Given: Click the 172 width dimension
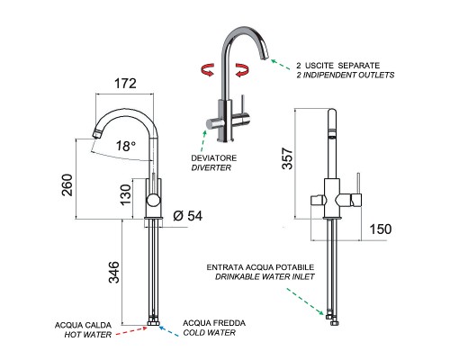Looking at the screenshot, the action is [125, 84].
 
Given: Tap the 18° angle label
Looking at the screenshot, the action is [126, 146].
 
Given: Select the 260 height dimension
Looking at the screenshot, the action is [67, 184].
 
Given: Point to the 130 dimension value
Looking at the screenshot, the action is [126, 194].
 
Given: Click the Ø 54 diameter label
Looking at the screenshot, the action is [188, 216].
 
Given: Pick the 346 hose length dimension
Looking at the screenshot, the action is [114, 272].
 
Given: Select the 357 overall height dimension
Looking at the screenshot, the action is [287, 158].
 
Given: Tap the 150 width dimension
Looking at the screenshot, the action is [381, 229].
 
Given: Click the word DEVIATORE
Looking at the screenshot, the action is [214, 157].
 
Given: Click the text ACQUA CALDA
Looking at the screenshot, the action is [83, 325].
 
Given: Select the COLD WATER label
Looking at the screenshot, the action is [210, 333].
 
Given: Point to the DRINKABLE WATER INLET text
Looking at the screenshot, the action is [265, 276].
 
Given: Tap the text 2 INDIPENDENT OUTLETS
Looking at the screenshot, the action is [346, 75].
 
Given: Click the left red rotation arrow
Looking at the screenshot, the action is [207, 69].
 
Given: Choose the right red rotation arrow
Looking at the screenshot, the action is [242, 70].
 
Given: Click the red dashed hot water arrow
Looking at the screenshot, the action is [131, 330].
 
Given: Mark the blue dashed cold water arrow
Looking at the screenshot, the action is [168, 331].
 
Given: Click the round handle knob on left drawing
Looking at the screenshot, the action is [154, 200].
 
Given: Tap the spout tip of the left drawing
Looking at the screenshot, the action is [96, 134].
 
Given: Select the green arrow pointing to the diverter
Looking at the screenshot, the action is [203, 140].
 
